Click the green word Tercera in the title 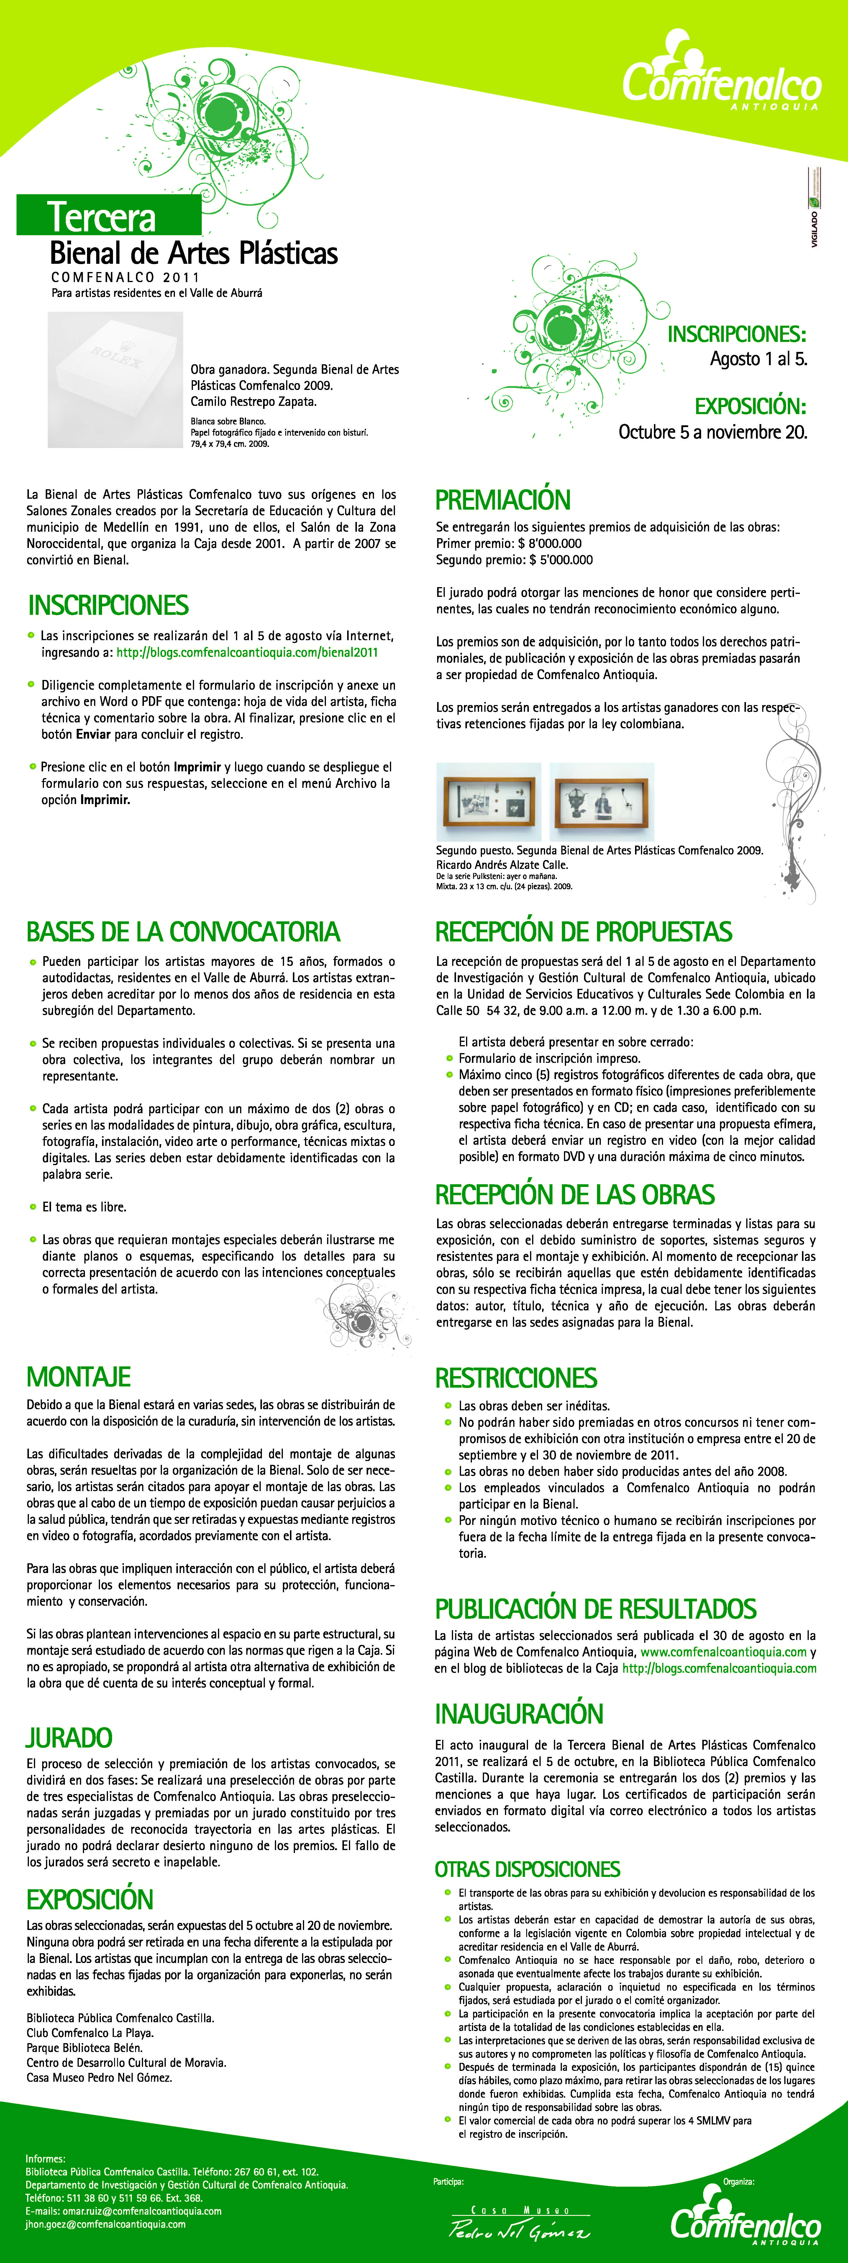tap(102, 216)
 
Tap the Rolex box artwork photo tap(115, 380)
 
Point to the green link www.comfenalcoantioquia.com tap(723, 1652)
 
